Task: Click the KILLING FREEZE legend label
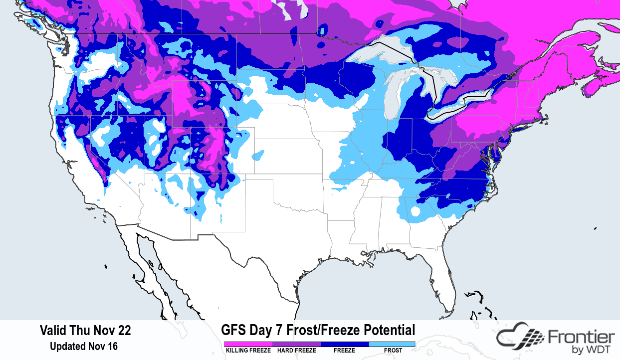pos(247,351)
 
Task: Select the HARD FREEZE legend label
pos(296,351)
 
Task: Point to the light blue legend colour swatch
pos(392,344)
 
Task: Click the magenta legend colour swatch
pos(247,344)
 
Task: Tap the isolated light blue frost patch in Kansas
pos(258,156)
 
